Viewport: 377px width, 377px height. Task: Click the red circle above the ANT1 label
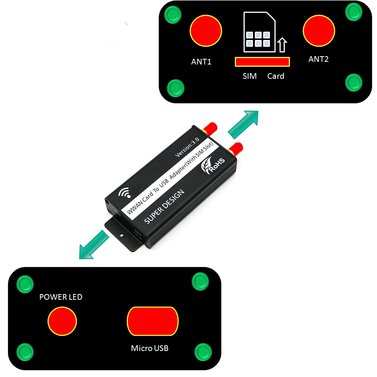205,31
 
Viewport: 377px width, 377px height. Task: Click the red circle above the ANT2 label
319,31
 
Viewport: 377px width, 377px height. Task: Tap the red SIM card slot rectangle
262,62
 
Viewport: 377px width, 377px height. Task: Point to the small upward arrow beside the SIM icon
282,45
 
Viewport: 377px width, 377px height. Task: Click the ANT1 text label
201,62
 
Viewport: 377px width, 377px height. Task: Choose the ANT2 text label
318,59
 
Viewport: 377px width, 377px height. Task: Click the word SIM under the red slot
250,76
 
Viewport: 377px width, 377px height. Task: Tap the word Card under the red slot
276,76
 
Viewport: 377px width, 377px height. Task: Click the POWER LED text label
61,297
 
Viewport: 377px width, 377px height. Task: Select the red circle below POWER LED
62,321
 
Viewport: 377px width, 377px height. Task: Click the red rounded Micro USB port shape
153,321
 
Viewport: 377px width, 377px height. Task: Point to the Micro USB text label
150,348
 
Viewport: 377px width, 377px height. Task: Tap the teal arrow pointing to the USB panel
94,245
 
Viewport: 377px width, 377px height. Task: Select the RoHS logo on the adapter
213,165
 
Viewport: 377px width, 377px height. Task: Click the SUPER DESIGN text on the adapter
164,207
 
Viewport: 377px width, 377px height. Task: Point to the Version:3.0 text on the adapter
187,147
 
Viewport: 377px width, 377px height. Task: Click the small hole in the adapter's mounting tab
122,235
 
